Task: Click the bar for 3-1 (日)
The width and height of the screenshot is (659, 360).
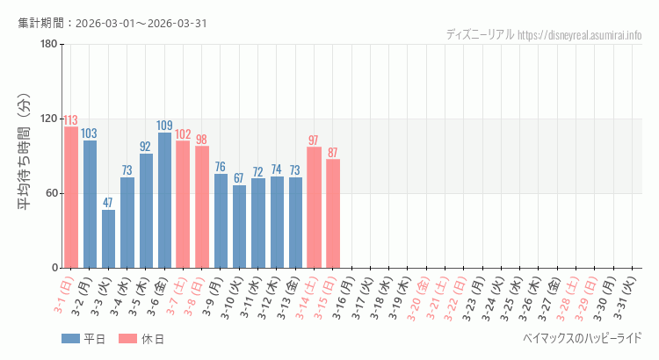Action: click(x=71, y=197)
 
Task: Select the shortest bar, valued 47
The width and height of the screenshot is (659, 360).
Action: click(x=108, y=239)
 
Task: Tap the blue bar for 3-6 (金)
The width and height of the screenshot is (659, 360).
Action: click(x=164, y=200)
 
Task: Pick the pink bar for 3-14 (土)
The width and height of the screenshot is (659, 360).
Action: click(x=314, y=207)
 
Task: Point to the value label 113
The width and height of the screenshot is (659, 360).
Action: click(x=71, y=120)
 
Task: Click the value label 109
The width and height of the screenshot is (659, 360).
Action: click(x=164, y=126)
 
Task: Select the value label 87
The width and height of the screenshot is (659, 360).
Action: click(x=332, y=153)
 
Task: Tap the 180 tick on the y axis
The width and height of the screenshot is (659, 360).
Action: click(x=48, y=45)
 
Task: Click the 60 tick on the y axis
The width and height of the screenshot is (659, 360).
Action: click(x=51, y=193)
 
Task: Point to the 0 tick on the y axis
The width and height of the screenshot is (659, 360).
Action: click(x=54, y=268)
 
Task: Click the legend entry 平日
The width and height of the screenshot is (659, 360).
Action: click(x=83, y=339)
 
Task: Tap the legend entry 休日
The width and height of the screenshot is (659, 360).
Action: click(x=141, y=339)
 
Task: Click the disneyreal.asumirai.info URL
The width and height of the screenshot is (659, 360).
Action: click(x=580, y=35)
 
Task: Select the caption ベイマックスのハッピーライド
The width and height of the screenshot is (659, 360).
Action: click(x=582, y=338)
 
